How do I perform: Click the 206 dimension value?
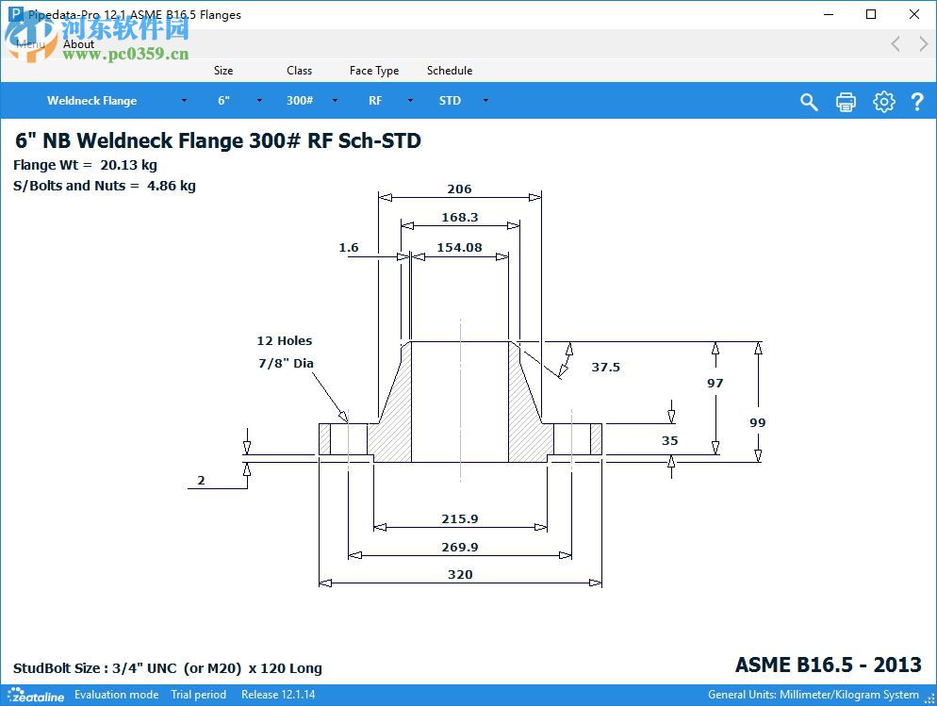click(x=459, y=189)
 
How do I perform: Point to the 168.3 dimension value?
click(x=460, y=218)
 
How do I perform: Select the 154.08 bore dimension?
click(x=459, y=248)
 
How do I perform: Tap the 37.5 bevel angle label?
click(x=605, y=368)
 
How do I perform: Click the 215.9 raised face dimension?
click(x=460, y=519)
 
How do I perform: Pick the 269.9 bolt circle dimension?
click(x=460, y=548)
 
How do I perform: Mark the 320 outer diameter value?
click(x=460, y=575)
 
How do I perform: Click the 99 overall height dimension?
click(x=758, y=423)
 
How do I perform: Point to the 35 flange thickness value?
click(x=669, y=441)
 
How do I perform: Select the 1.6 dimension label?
click(x=349, y=248)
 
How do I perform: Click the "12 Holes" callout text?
click(x=284, y=341)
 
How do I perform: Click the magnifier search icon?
click(x=809, y=102)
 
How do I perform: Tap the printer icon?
click(x=846, y=102)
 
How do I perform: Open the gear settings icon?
click(x=883, y=102)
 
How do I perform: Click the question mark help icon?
click(x=916, y=102)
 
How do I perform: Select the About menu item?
click(x=79, y=44)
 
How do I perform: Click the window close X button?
click(x=914, y=14)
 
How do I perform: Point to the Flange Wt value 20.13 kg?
click(x=128, y=166)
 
